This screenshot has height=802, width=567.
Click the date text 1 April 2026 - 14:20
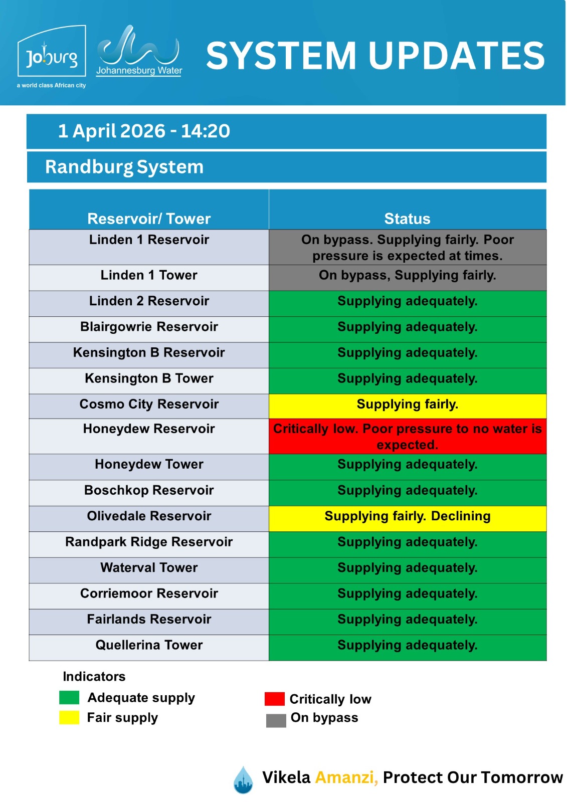(144, 131)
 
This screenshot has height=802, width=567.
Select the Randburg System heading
(124, 167)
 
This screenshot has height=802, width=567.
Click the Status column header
(407, 219)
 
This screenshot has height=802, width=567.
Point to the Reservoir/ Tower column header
(149, 219)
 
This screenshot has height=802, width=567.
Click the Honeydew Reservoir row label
(149, 429)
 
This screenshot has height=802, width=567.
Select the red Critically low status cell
(407, 437)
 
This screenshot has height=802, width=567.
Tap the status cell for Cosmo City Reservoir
(407, 405)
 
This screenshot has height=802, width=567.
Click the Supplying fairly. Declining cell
(407, 517)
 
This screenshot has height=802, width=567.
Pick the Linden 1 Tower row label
(149, 275)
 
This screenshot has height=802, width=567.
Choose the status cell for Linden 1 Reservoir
(407, 248)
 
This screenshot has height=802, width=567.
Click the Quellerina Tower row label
(149, 645)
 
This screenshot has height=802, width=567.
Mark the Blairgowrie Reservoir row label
(149, 327)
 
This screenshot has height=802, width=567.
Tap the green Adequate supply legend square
(69, 698)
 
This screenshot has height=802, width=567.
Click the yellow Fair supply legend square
(69, 718)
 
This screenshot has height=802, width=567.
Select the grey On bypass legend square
(276, 720)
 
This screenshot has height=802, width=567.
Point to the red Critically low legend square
(274, 699)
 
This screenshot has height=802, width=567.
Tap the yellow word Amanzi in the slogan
(346, 777)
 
